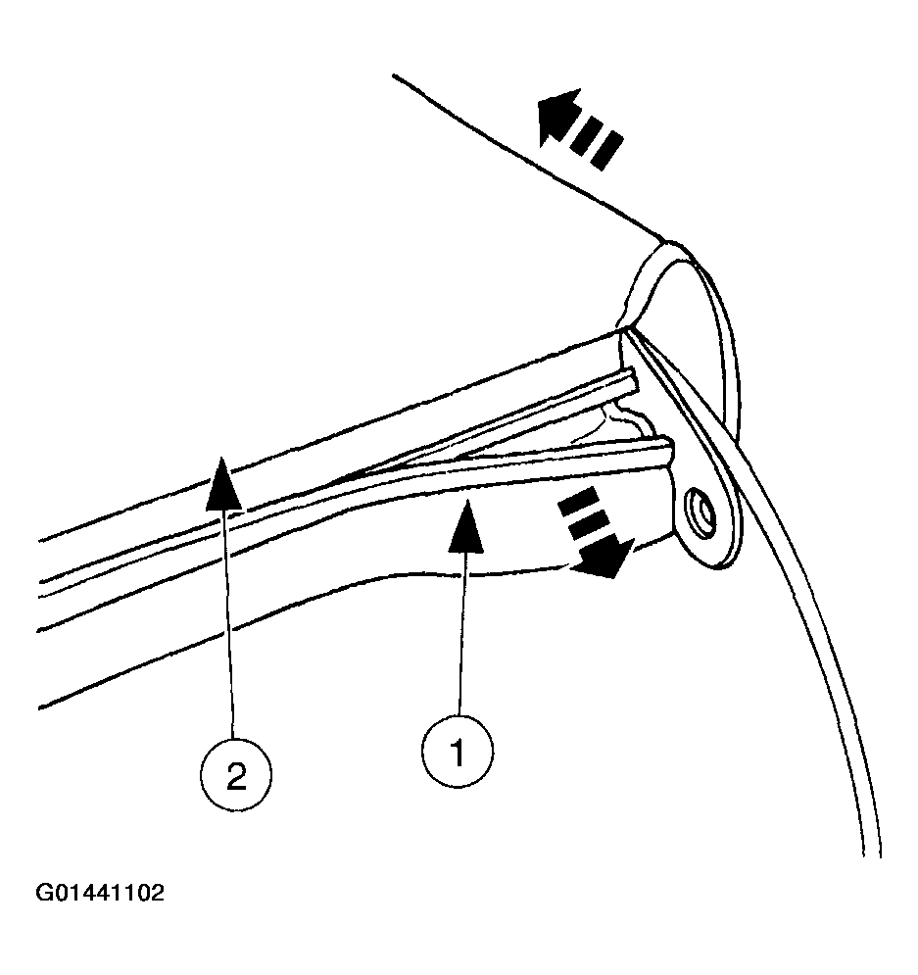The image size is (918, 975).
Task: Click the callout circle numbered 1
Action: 458,752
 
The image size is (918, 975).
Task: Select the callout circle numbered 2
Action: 235,776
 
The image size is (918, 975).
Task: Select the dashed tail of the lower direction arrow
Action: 579,515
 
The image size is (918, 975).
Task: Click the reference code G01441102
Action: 101,893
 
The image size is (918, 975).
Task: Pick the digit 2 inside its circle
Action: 235,776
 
